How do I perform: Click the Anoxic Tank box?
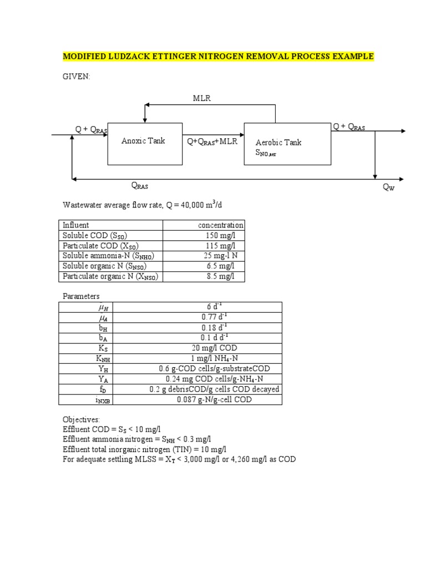click(144, 143)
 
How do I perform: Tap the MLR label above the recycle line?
click(202, 98)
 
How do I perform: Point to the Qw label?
click(389, 188)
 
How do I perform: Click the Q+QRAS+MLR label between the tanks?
click(212, 141)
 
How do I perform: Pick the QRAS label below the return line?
click(139, 186)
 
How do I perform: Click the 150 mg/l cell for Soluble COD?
click(221, 236)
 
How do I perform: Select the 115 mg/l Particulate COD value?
click(221, 246)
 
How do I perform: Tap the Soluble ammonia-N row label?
click(108, 256)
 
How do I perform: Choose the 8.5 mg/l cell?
click(221, 276)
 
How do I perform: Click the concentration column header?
click(220, 225)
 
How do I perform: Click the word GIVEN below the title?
click(76, 77)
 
